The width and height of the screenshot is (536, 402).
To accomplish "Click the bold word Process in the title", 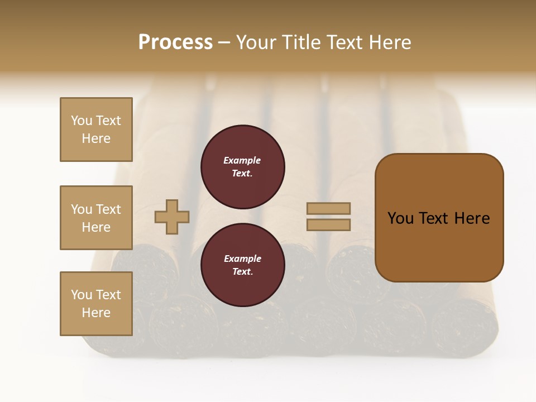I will coord(175,42).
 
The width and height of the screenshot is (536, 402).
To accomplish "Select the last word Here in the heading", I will coord(390,42).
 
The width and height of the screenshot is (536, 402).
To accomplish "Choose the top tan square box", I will coord(96,130).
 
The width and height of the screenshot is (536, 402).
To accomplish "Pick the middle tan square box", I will coord(96,218).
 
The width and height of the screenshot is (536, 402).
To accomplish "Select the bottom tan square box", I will coord(96,304).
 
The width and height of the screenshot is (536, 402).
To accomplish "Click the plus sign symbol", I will coord(172,217).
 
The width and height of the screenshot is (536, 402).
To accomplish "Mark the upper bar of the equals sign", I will coord(329,208).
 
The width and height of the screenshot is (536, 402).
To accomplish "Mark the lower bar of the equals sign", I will coord(329,225).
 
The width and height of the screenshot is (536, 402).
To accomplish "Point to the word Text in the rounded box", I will coord(434,218).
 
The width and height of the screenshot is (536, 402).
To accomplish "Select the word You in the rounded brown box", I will coord(401,218).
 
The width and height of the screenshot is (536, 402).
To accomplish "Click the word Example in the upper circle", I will coord(242,160).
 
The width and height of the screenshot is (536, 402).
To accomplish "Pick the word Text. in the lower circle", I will coord(242,272).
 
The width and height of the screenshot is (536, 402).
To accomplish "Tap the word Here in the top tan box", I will coord(96,138).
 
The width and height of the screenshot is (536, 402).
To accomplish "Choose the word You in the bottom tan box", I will coord(82,295).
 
